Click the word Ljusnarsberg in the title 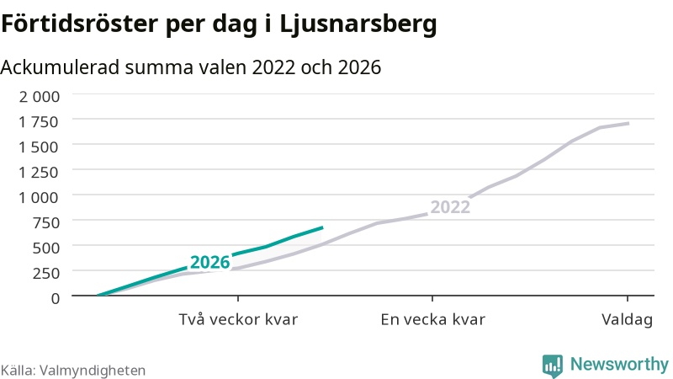coord(358,24)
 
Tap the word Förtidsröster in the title coord(79,24)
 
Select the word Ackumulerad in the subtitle coord(60,67)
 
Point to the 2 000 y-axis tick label coord(40,97)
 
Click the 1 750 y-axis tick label coord(38,122)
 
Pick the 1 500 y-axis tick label coord(38,147)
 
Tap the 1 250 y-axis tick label coord(38,173)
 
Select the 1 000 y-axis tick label coord(38,198)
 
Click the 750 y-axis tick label coord(46,222)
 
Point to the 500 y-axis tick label coord(46,248)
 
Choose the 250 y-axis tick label coord(46,273)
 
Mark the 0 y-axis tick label coord(56,298)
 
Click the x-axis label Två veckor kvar coord(238,320)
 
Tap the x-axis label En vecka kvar coord(432,320)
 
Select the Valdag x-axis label coord(627,320)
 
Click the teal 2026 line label coord(209,262)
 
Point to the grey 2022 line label coord(450,207)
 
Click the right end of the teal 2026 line coord(322,227)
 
